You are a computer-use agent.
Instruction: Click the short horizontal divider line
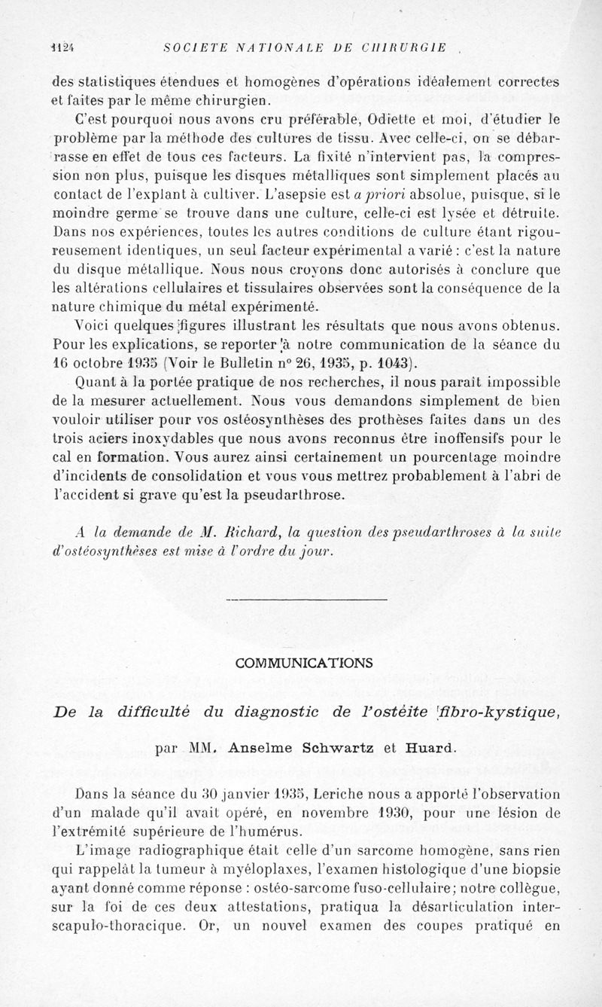coord(306,600)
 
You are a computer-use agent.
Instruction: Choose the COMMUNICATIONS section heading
coord(303,663)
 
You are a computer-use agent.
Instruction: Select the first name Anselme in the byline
coord(268,749)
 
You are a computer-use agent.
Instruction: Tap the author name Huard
coord(431,749)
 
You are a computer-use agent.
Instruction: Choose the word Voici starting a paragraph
coord(96,325)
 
